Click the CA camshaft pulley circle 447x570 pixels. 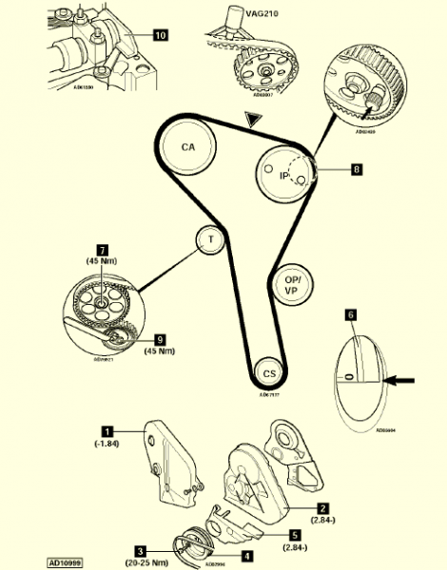(188, 149)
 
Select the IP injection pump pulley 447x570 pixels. (283, 176)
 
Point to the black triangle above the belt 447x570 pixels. (251, 119)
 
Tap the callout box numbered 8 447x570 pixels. (356, 171)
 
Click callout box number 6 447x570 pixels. (350, 312)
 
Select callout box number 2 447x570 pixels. (322, 508)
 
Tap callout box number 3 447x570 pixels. (140, 550)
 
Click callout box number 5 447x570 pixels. (296, 535)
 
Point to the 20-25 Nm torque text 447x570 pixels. (140, 561)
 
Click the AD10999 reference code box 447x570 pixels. (65, 561)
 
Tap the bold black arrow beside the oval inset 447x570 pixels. (400, 380)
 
